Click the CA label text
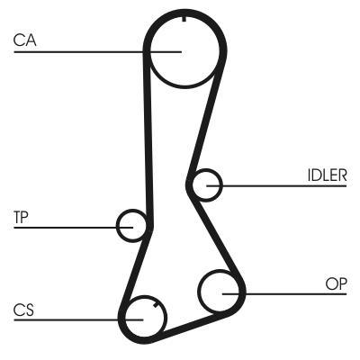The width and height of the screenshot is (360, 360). point(25,40)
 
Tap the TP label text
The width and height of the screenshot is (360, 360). point(21,217)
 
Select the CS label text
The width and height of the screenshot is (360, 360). point(23,310)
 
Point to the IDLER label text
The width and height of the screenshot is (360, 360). point(328,175)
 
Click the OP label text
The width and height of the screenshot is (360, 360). point(337,283)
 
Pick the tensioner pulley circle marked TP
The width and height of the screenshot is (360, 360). point(117,226)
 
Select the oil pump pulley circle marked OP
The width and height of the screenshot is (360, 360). point(198,291)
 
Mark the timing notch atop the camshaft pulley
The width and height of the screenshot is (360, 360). point(184,18)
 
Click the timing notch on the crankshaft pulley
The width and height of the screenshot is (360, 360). point(156,305)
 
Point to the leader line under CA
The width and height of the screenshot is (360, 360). point(98,52)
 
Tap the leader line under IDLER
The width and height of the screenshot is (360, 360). point(276,186)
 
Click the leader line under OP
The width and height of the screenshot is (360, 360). point(284,293)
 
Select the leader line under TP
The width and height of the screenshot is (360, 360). point(74,228)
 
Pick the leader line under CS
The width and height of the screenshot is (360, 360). point(78,319)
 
